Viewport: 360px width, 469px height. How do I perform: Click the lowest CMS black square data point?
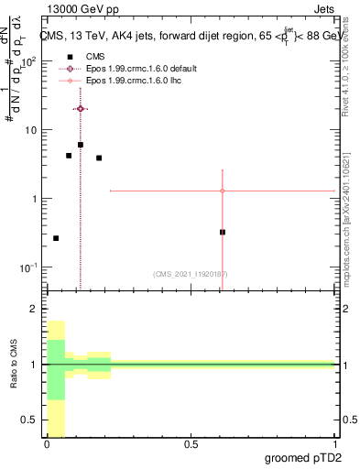click(x=56, y=238)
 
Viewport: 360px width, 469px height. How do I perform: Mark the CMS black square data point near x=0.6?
click(x=223, y=232)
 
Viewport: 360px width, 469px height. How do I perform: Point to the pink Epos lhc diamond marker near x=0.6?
click(x=223, y=191)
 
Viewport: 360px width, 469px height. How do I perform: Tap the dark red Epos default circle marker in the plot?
click(x=81, y=108)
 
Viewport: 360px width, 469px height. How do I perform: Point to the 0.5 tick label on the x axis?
click(x=191, y=443)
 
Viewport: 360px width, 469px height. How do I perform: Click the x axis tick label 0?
click(x=47, y=443)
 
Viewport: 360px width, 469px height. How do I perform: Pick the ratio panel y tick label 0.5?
click(x=31, y=420)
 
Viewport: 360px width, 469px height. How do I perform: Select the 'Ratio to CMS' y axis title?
click(x=14, y=365)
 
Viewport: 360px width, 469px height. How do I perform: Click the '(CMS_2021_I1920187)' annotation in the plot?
click(x=191, y=274)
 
